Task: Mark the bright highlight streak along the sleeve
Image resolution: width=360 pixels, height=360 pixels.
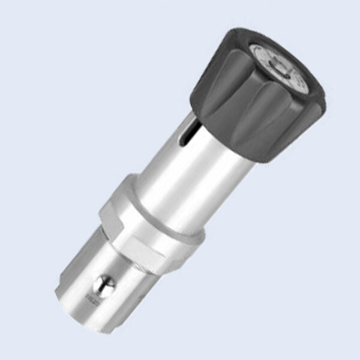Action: tap(180, 174)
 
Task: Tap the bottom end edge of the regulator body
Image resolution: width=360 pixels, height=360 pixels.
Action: tap(90, 321)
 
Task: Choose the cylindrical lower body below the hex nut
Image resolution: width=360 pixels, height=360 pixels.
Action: tap(120, 294)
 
